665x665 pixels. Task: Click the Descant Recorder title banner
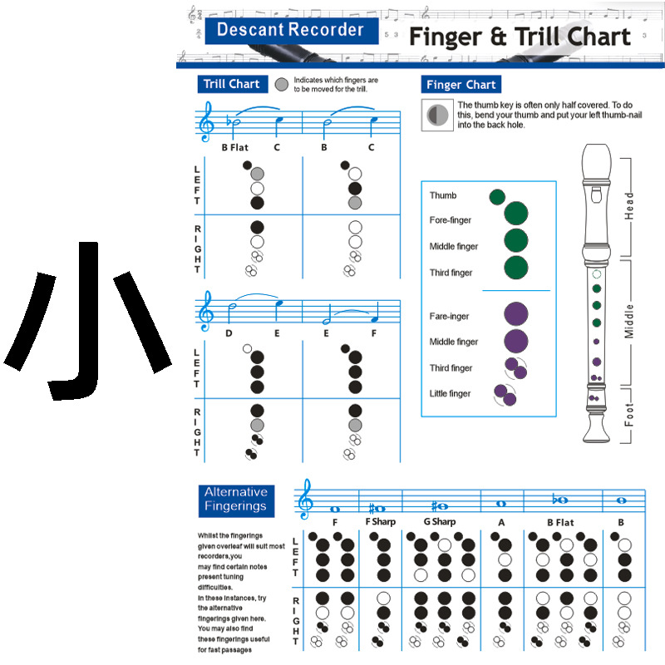click(290, 31)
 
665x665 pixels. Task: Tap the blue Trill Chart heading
click(232, 84)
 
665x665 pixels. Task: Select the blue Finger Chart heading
click(461, 85)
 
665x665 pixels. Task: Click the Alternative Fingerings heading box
click(236, 499)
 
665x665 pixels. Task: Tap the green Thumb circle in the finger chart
click(497, 197)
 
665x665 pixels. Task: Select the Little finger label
click(450, 394)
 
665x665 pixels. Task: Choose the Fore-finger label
click(451, 221)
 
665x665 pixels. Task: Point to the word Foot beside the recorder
click(629, 414)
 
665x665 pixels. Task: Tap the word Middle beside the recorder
click(629, 319)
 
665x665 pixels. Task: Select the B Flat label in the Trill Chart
click(234, 148)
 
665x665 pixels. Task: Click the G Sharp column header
click(439, 522)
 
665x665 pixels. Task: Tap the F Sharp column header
click(381, 522)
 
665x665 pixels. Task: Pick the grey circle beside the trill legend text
click(282, 84)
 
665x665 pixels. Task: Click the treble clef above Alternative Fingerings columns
click(307, 500)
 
